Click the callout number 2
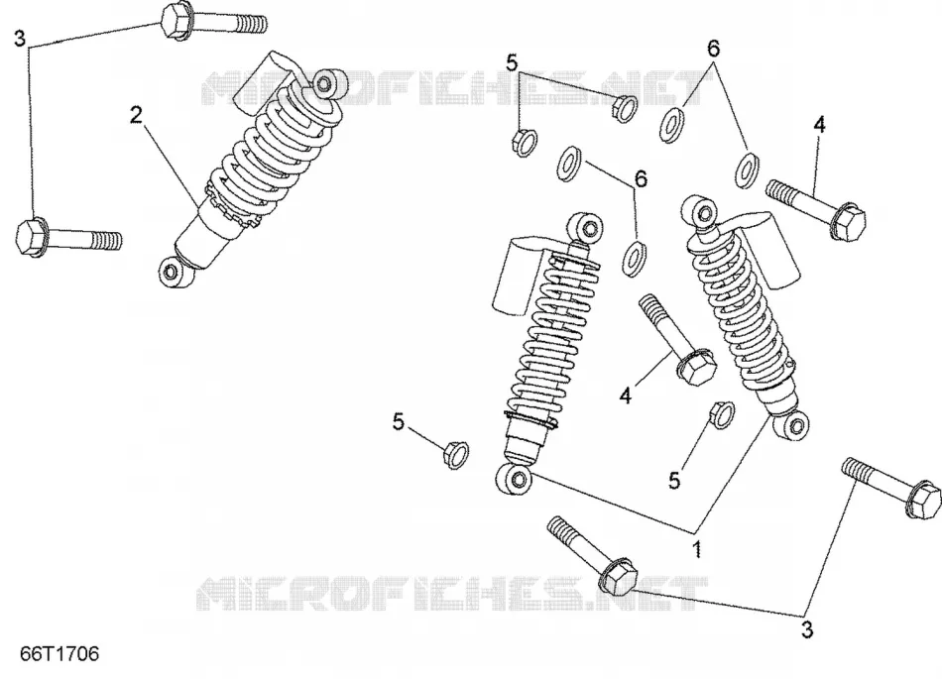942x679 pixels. (x=137, y=114)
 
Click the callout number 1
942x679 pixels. (x=697, y=549)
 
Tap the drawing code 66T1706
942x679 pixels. (x=59, y=654)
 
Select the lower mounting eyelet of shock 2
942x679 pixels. (x=175, y=273)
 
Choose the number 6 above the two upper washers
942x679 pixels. (x=713, y=48)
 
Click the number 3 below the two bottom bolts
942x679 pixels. (x=807, y=629)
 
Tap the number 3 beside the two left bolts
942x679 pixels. (x=20, y=39)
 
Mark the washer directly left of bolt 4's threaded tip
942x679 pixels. (x=746, y=170)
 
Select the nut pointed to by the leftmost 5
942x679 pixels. (x=456, y=454)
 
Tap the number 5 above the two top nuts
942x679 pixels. (x=512, y=62)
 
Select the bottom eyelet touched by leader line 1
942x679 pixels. (x=514, y=479)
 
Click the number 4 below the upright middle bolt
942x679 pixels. (x=626, y=396)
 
